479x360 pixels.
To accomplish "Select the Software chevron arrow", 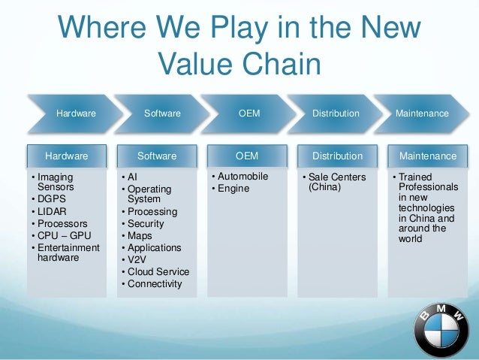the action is (162, 113).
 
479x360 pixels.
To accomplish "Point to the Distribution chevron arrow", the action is (336, 113).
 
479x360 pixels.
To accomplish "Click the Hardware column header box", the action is (66, 156).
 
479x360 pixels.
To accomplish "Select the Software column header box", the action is (157, 156).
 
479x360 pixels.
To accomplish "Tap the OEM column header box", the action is (247, 156).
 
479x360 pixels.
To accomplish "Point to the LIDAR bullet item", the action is (53, 211).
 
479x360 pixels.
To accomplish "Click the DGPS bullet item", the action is (53, 199).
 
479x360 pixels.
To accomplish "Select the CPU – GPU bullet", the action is (64, 235).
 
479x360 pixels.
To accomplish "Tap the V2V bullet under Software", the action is (137, 259).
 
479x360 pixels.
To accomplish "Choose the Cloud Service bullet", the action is (158, 271).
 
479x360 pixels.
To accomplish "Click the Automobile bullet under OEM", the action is (243, 177).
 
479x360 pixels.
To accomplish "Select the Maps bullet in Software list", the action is (140, 235).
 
